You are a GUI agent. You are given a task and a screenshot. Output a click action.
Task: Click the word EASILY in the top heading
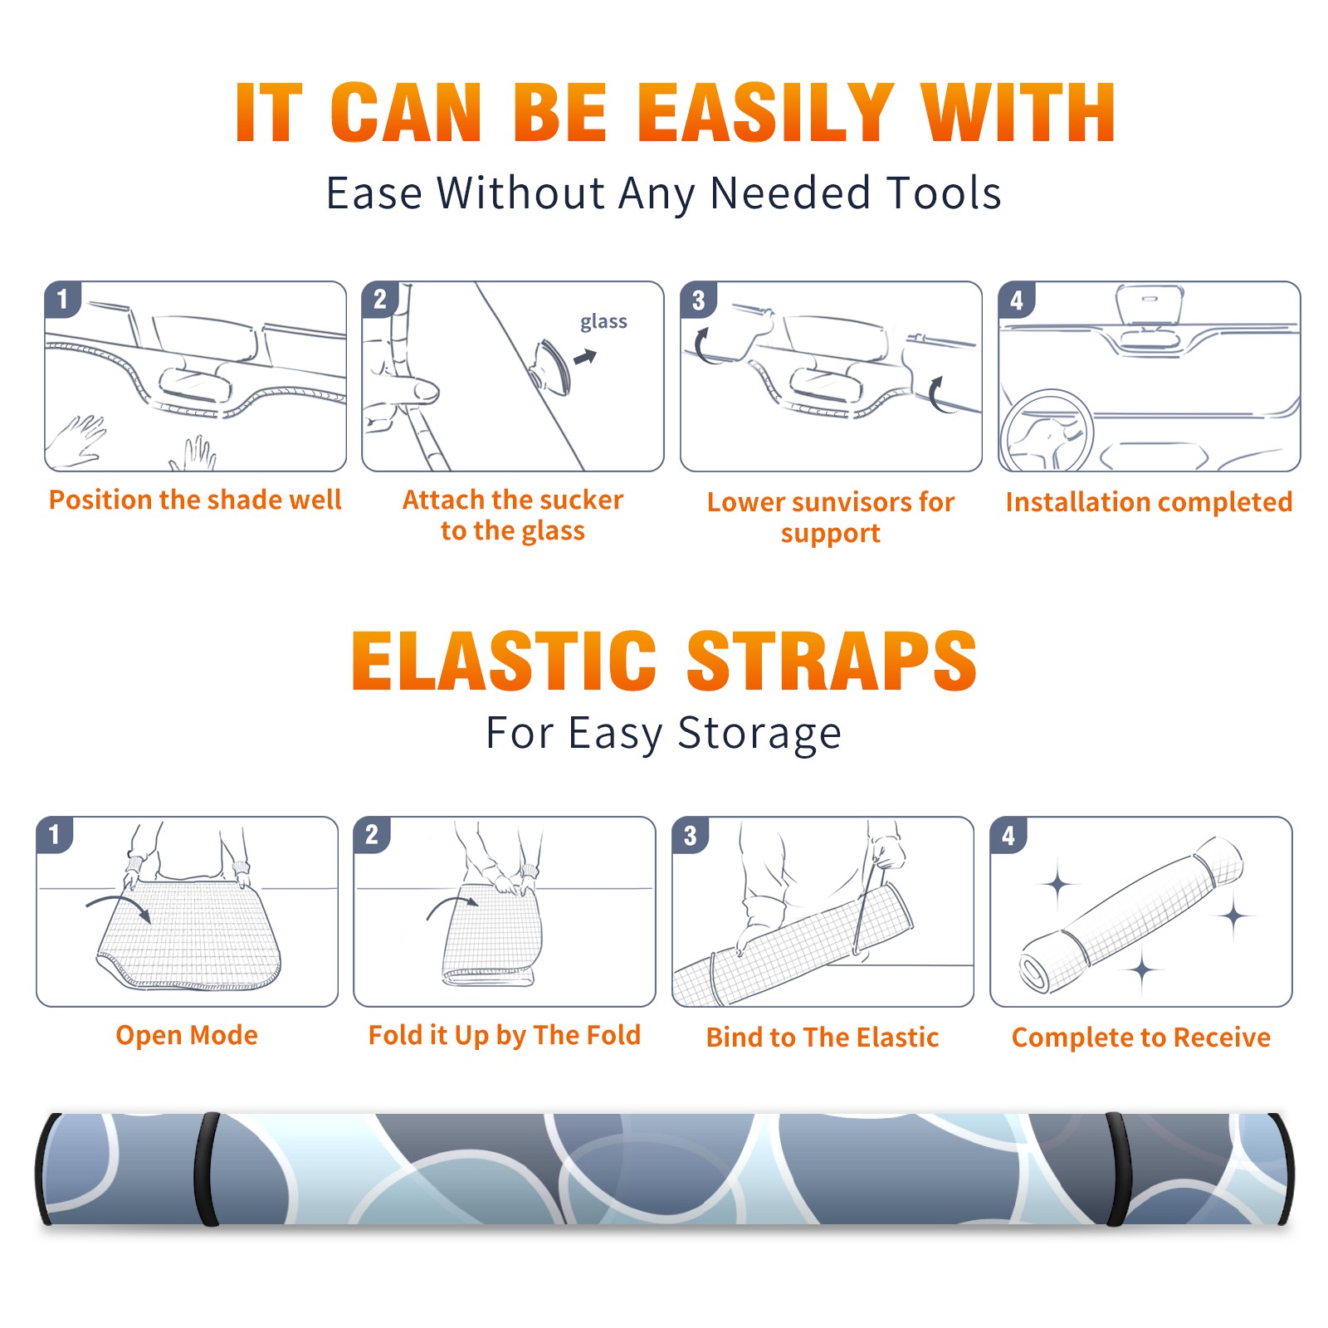[x=766, y=113]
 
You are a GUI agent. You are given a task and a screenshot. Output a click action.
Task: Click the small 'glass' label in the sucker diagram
[x=603, y=322]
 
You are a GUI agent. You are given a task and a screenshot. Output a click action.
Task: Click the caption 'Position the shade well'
[x=195, y=500]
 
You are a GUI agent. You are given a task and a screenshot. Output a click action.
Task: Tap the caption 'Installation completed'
[x=1149, y=501]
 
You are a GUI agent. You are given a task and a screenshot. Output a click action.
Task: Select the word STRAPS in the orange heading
[x=832, y=661]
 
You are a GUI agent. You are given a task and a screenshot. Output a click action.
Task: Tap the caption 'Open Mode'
[x=187, y=1035]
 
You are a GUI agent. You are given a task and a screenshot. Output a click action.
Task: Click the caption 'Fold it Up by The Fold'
[x=505, y=1036]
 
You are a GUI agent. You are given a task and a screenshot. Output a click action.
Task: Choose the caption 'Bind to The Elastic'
[x=823, y=1037]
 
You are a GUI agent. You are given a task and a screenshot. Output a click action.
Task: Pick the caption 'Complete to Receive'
[x=1141, y=1037]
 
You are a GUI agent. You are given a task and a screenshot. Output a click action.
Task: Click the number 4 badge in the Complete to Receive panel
[x=1008, y=835]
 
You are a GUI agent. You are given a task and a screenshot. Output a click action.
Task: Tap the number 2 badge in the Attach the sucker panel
[x=380, y=299]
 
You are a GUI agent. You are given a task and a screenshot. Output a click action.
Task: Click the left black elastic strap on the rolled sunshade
[x=207, y=1169]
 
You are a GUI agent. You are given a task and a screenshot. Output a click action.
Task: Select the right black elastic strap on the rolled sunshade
[x=1118, y=1169]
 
